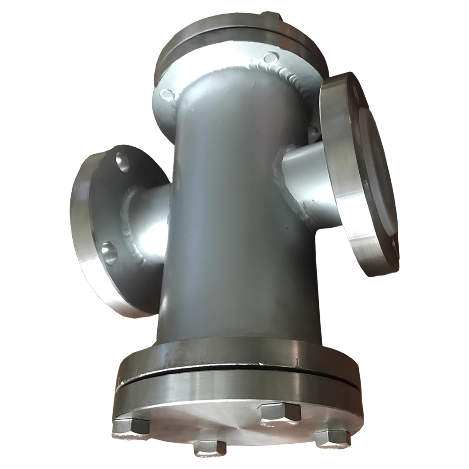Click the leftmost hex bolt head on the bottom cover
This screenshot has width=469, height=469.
coord(133,425)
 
